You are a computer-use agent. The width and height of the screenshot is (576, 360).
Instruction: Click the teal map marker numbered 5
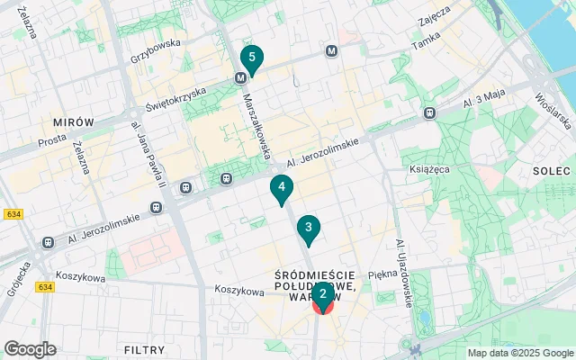[252, 59]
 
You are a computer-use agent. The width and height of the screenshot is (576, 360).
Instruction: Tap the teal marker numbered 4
[283, 188]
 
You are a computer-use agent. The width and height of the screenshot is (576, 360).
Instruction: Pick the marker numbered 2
[322, 293]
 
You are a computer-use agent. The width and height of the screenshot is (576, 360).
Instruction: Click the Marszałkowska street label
[256, 125]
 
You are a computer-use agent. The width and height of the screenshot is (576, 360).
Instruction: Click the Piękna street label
[383, 273]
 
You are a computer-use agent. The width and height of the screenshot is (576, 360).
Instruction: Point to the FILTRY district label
[144, 349]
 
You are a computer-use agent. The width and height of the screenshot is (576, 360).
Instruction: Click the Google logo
[30, 349]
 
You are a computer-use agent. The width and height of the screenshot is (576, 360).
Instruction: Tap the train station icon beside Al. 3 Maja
[430, 112]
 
